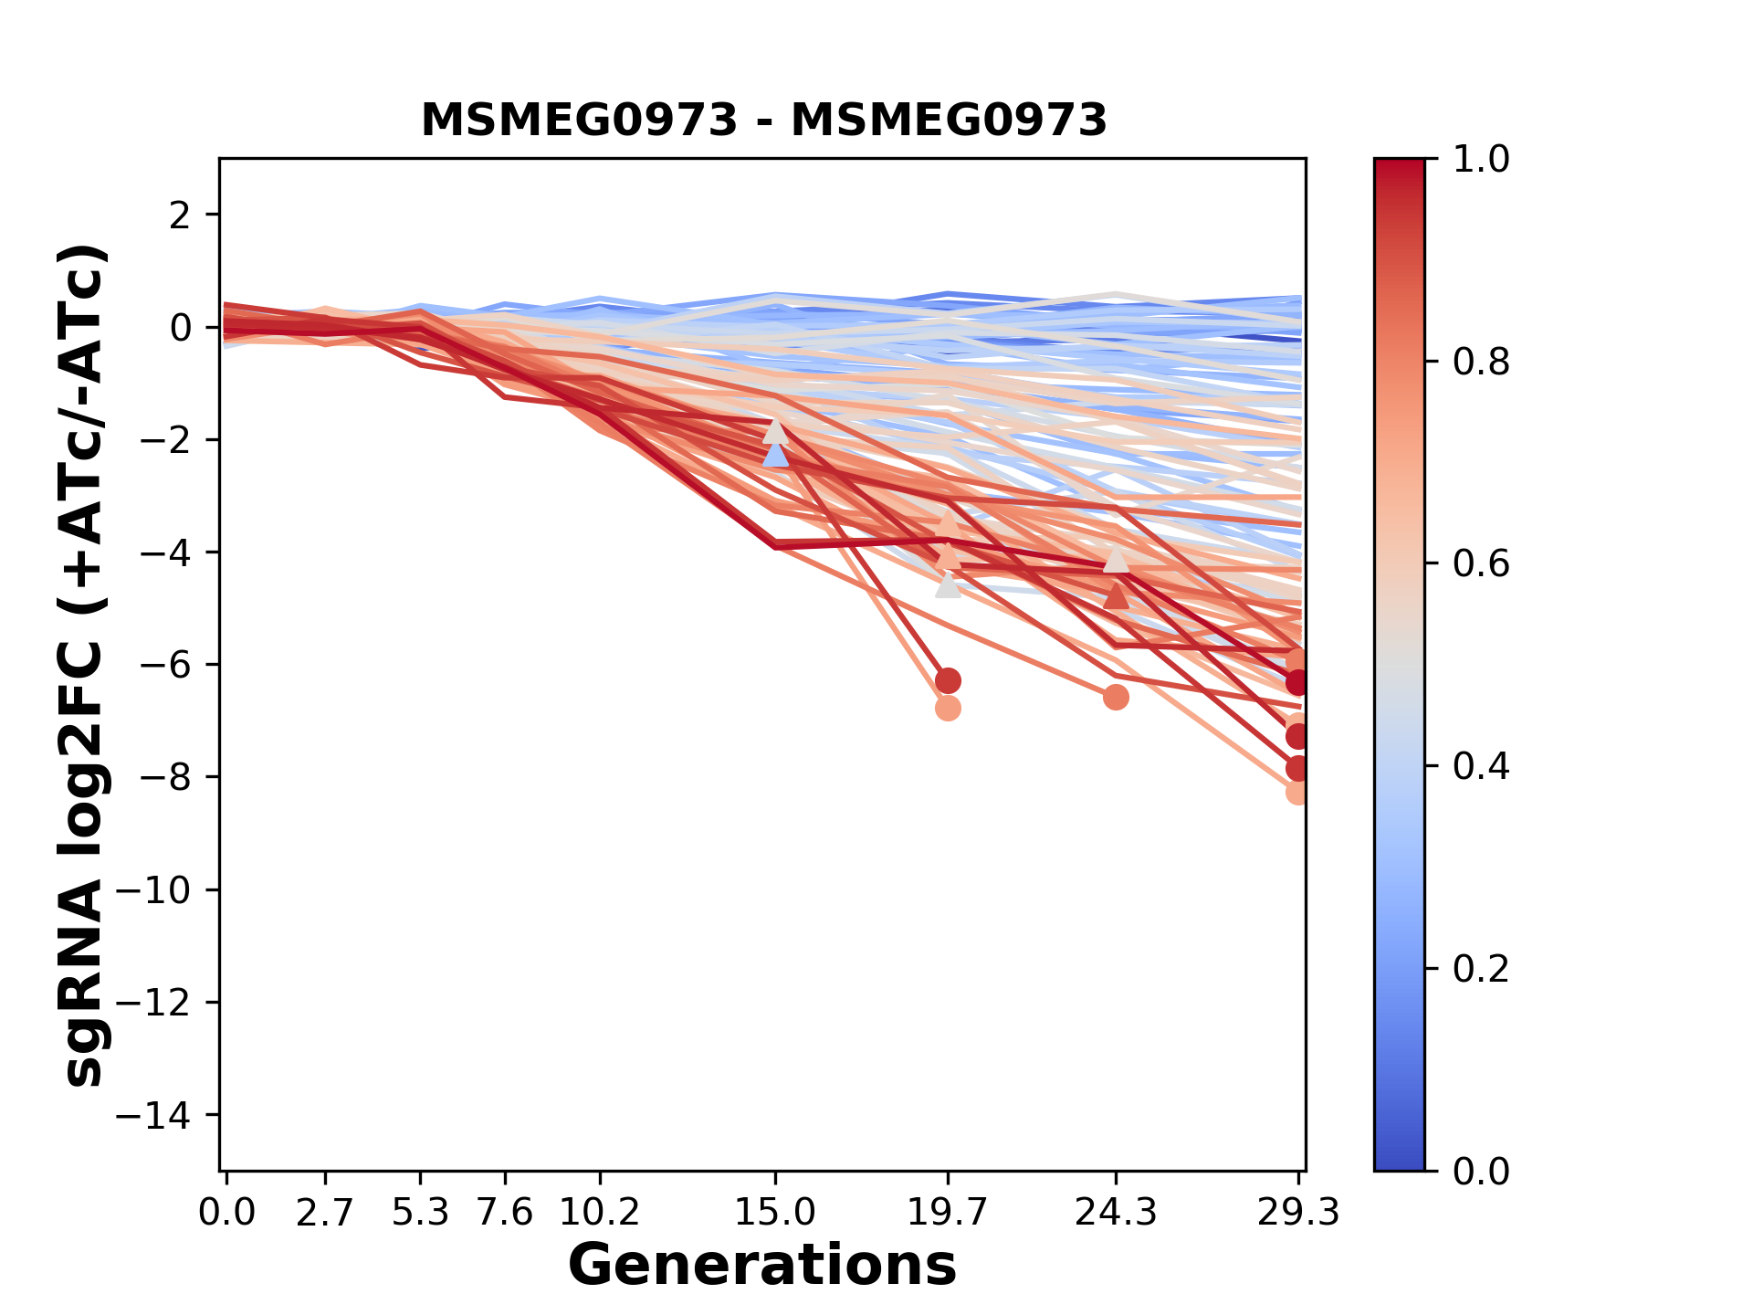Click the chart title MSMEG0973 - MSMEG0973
tap(763, 121)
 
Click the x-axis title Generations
tap(761, 1266)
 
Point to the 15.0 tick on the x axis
tap(775, 1213)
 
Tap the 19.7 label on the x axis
tap(948, 1213)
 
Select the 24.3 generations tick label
tap(1116, 1213)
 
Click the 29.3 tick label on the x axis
tap(1297, 1213)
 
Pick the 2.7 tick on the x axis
tap(325, 1213)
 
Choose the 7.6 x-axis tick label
tap(505, 1213)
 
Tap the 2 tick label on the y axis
tap(181, 216)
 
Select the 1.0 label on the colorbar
tap(1481, 160)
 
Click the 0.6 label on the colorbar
tap(1481, 564)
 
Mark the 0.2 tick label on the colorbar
tap(1481, 969)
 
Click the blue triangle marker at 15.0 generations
tap(775, 455)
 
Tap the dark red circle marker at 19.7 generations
tap(948, 680)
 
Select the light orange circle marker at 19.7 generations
tap(948, 708)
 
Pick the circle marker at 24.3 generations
tap(1116, 697)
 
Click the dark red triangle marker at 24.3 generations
tap(1116, 597)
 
